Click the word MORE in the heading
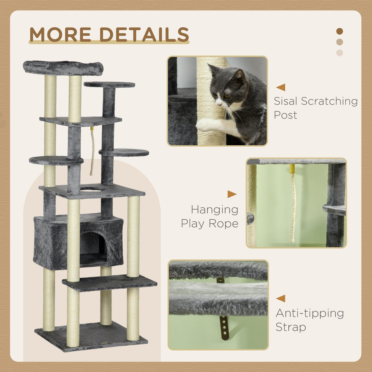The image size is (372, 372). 60,34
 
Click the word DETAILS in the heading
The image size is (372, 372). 144,34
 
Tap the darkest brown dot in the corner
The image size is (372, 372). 340,31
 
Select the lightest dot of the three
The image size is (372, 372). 340,53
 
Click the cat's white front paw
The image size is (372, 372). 205,124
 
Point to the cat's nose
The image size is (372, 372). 219,103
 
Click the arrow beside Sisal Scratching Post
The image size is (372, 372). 281,87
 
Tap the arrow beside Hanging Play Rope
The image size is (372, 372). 232,194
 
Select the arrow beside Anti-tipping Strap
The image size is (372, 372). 281,298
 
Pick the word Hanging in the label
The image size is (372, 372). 214,210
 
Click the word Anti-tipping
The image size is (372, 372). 309,313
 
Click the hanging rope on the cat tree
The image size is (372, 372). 92,152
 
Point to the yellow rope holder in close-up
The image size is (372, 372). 292,169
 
